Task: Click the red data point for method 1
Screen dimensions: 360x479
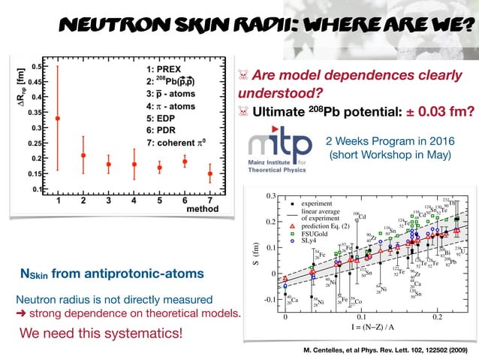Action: pos(58,118)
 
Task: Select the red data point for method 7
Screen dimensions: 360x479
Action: pos(210,174)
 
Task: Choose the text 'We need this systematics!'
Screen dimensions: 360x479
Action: pos(101,331)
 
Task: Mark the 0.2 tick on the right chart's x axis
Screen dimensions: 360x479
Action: pos(437,318)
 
